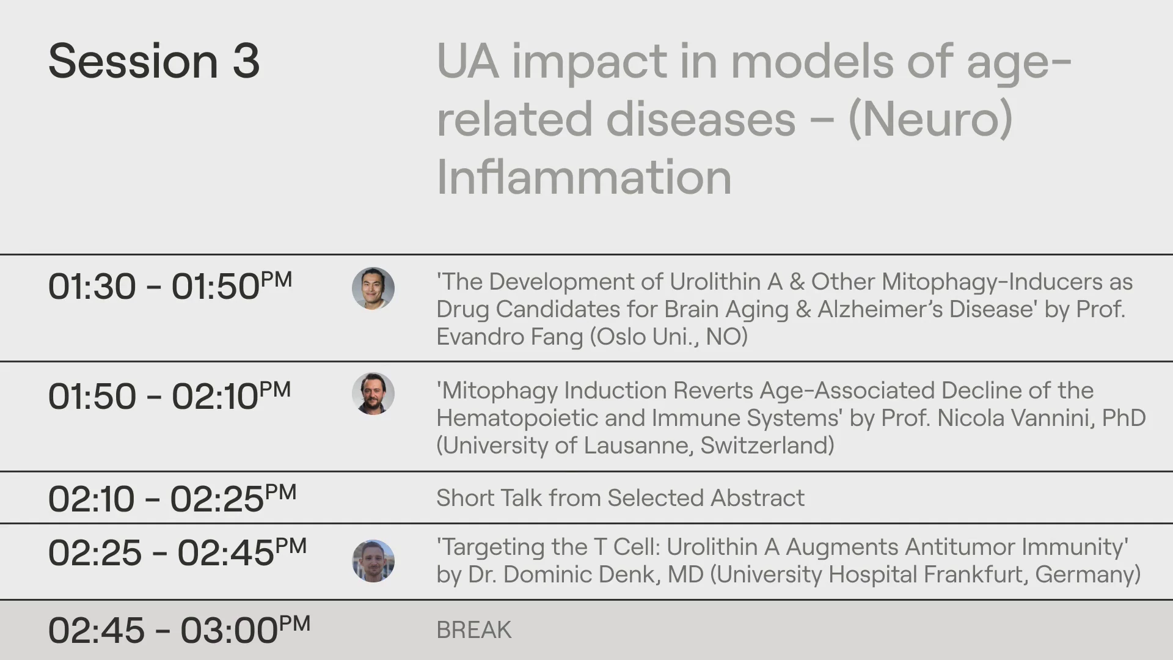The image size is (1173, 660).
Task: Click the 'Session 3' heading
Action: click(154, 61)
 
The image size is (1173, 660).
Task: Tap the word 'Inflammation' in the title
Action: click(584, 177)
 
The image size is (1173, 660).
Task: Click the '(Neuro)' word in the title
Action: click(930, 119)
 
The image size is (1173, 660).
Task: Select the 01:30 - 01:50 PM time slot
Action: click(170, 286)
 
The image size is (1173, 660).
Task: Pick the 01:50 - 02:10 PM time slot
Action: click(170, 395)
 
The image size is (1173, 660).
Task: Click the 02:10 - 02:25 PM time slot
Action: click(172, 498)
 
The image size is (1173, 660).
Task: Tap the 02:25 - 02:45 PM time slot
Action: click(177, 552)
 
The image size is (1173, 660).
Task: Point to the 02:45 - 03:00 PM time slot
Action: click(180, 629)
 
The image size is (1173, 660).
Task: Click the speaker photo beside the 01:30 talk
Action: click(373, 288)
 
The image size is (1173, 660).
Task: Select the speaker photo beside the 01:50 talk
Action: click(373, 394)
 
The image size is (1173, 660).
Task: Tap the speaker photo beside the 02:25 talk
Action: click(373, 561)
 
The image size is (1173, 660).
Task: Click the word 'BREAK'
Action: click(474, 630)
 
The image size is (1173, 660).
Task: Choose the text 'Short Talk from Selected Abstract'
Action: click(621, 498)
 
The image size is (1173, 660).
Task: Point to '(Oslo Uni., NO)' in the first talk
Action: click(669, 337)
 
